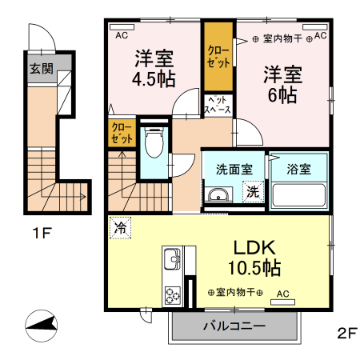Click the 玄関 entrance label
click(x=42, y=69)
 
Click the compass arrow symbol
click(x=42, y=325)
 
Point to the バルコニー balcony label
click(x=234, y=326)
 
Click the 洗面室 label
click(x=234, y=170)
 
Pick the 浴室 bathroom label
click(x=299, y=170)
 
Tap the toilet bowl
click(x=154, y=145)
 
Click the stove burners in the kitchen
click(x=172, y=295)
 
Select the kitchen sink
click(x=172, y=259)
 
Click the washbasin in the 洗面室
click(x=217, y=195)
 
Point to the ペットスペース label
click(x=217, y=103)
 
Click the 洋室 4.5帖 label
click(x=154, y=68)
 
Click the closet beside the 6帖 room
click(x=217, y=58)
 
